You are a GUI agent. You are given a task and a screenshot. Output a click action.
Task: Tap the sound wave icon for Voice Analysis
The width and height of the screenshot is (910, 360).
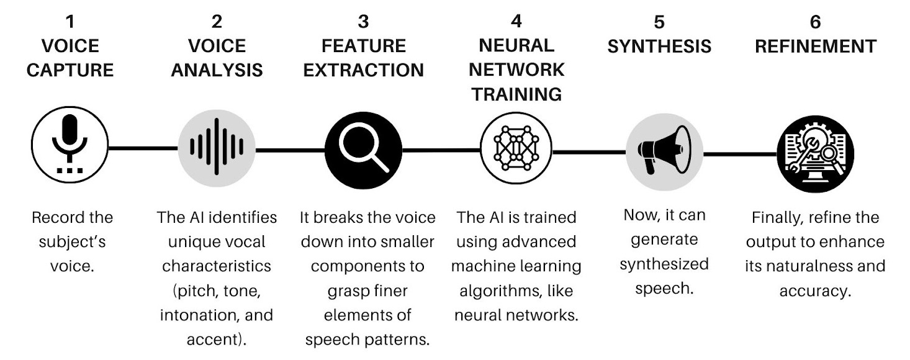tap(216, 147)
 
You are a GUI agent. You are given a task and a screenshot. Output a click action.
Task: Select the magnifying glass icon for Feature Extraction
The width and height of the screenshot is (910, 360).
tap(363, 147)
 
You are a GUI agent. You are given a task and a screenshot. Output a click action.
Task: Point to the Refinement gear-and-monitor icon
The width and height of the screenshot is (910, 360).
tap(815, 153)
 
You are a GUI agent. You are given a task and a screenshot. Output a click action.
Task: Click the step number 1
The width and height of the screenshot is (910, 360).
tap(70, 22)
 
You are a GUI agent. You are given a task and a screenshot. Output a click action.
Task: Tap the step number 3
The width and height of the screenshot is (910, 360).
tap(363, 22)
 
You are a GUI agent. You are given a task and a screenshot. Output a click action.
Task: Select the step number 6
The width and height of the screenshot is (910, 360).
tap(815, 22)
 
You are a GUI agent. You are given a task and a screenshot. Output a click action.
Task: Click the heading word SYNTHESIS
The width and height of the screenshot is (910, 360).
tap(659, 47)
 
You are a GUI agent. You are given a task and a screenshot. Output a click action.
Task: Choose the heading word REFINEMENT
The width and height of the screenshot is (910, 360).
tap(815, 47)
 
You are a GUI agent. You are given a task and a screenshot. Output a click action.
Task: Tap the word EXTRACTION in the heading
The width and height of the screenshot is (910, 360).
tap(363, 70)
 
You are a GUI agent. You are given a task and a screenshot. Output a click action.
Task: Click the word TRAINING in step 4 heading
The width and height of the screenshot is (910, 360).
tap(516, 94)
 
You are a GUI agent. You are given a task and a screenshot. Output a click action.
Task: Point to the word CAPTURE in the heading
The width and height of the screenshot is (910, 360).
tap(70, 70)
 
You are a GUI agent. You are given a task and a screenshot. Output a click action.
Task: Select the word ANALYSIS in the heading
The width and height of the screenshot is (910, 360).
tap(217, 70)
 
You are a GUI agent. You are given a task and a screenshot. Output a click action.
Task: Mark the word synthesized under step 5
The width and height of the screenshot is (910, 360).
tap(664, 264)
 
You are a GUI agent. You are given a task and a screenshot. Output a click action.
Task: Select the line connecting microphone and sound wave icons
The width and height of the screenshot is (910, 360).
tap(143, 148)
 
